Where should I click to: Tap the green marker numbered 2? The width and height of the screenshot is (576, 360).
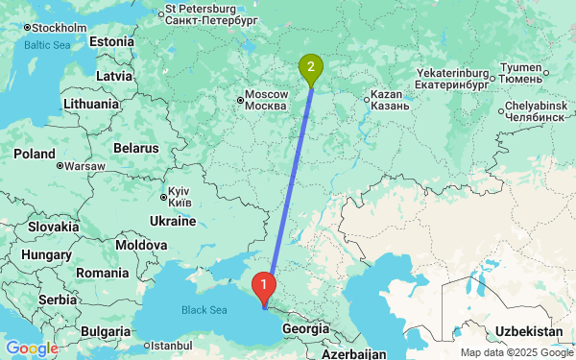[x=310, y=67]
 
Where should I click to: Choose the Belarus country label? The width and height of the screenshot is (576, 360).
[x=134, y=149]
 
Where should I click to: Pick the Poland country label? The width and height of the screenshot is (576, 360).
[x=34, y=154]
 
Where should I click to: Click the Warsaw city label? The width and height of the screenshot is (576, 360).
[x=84, y=165]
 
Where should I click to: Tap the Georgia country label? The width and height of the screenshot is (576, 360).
[x=305, y=328]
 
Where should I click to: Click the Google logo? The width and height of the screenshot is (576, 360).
[x=32, y=348]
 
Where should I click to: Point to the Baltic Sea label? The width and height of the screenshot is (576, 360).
[x=47, y=45]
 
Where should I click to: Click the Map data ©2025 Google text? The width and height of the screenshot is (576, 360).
[x=515, y=352]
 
